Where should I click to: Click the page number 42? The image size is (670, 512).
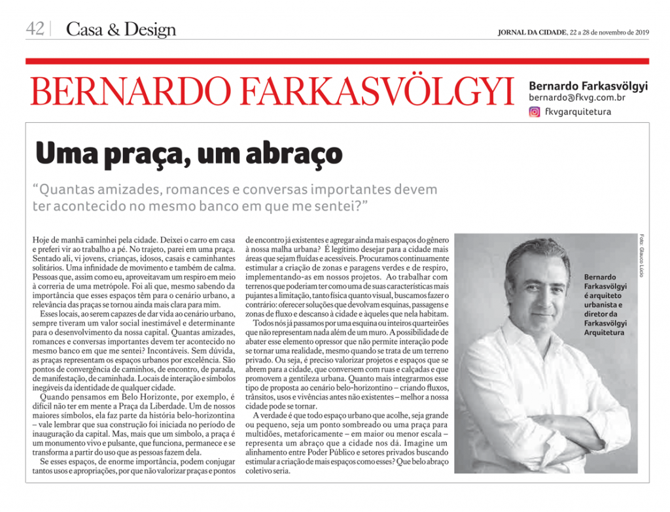[x=35, y=29]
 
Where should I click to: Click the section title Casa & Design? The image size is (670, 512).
[x=122, y=29]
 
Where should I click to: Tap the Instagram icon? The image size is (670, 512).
[x=535, y=112]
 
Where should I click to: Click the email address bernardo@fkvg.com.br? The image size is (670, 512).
[x=576, y=97]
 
